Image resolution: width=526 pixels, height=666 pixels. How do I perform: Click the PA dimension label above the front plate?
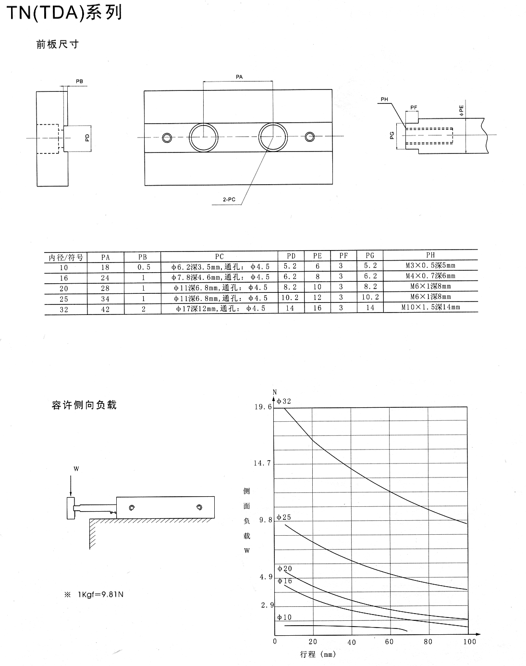(x=239, y=77)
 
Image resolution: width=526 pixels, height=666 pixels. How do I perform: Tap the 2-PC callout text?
(x=229, y=200)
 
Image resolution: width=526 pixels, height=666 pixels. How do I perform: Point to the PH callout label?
(x=384, y=100)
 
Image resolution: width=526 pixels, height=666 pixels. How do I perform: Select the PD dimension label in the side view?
(x=87, y=138)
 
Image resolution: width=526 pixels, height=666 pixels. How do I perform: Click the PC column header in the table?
(x=219, y=257)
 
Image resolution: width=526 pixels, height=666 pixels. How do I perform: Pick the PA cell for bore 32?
(x=105, y=310)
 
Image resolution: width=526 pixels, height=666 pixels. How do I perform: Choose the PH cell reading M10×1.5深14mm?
(x=430, y=307)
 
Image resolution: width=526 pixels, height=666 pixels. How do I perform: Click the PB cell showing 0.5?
(x=144, y=267)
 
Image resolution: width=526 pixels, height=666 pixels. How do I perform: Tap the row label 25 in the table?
(x=64, y=299)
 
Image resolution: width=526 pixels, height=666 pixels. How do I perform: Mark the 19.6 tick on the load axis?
(x=263, y=407)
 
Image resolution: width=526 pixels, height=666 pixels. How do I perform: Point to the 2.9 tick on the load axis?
(x=268, y=605)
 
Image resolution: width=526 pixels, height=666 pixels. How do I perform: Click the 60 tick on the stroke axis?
(x=389, y=642)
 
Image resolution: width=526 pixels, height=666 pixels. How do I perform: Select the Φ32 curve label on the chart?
(x=284, y=401)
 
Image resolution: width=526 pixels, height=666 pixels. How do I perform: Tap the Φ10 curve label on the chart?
(x=284, y=617)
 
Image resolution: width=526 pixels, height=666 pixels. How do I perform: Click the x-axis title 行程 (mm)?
(x=318, y=654)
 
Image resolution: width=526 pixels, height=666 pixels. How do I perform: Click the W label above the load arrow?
(x=76, y=469)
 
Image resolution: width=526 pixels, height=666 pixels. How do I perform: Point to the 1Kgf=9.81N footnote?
(x=101, y=594)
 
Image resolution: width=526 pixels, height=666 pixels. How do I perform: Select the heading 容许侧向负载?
(x=84, y=405)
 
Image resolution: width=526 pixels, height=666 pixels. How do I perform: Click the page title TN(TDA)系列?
(x=64, y=13)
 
